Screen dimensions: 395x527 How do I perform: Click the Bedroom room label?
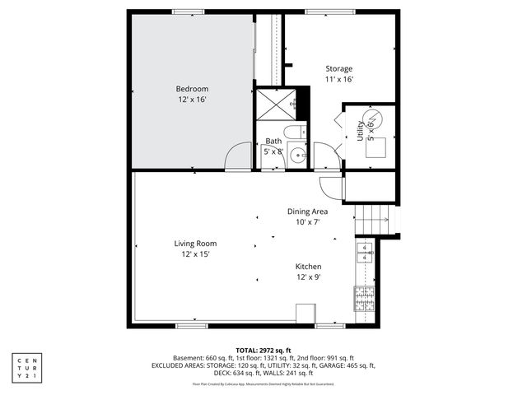pyautogui.click(x=191, y=89)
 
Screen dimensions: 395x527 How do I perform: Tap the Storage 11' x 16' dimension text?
pyautogui.click(x=338, y=80)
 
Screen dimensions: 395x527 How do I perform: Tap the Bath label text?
pyautogui.click(x=273, y=142)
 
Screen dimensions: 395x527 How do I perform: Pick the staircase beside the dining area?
pyautogui.click(x=371, y=219)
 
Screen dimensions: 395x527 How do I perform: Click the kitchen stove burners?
pyautogui.click(x=364, y=300)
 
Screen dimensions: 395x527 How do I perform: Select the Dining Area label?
pyautogui.click(x=307, y=211)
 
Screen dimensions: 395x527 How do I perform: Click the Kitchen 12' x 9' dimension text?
pyautogui.click(x=308, y=277)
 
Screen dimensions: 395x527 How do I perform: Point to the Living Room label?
pyautogui.click(x=195, y=244)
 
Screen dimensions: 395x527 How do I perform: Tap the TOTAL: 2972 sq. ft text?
pyautogui.click(x=263, y=350)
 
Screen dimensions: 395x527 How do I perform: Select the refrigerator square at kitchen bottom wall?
pyautogui.click(x=305, y=314)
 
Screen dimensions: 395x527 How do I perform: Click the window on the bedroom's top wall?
pyautogui.click(x=189, y=12)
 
